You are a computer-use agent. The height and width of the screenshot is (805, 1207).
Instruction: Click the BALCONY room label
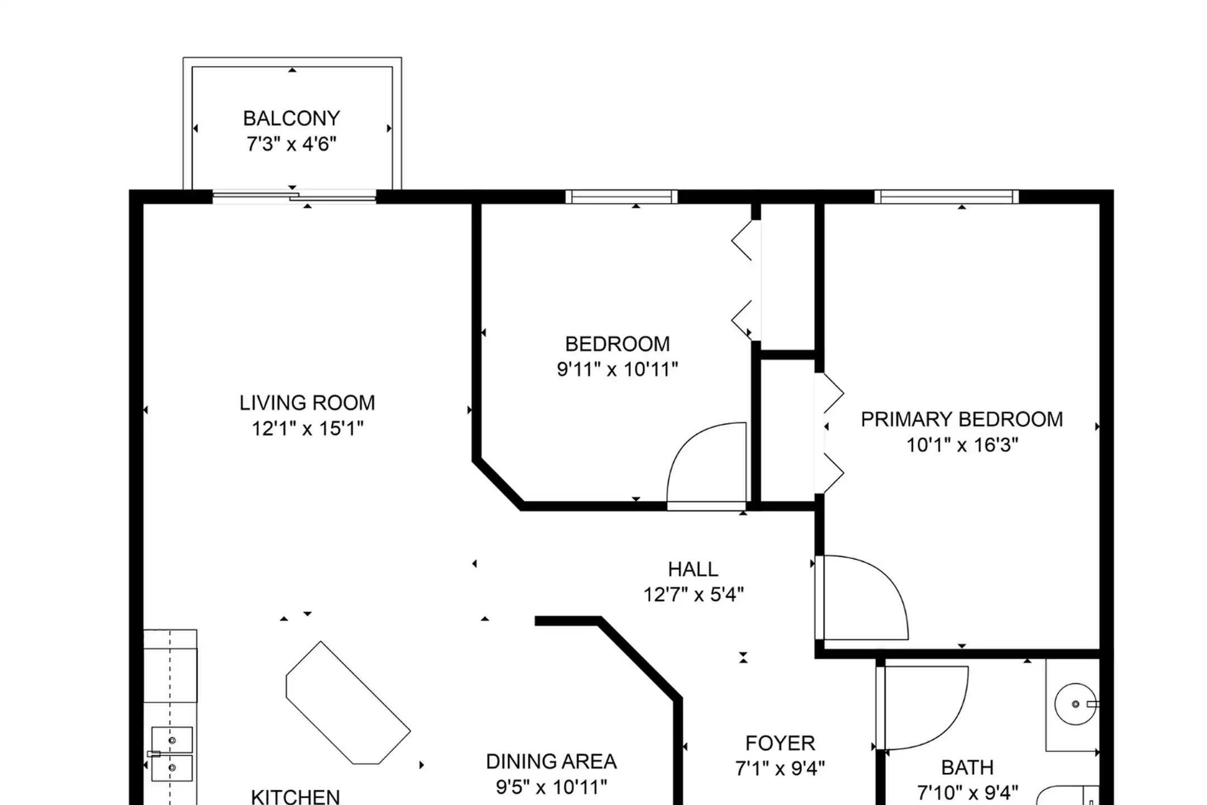(x=291, y=119)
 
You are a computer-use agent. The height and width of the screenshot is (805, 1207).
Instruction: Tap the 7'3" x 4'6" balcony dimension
(x=291, y=144)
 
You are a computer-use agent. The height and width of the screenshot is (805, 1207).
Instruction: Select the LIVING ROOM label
(x=307, y=402)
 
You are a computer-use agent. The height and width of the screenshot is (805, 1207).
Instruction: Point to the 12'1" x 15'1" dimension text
(x=307, y=429)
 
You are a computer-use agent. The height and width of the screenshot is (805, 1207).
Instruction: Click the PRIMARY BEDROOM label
(x=962, y=419)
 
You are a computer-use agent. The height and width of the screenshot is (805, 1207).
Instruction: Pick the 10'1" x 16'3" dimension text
(x=962, y=445)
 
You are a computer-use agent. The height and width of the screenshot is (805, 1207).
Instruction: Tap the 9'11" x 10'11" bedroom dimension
(x=617, y=370)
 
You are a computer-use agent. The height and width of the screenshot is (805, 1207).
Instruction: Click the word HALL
(x=693, y=569)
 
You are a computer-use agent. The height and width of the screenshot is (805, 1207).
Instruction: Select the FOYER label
(x=780, y=743)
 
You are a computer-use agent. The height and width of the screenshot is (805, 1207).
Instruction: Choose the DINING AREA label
(x=552, y=761)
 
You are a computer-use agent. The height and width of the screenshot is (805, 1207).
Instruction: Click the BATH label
(x=967, y=768)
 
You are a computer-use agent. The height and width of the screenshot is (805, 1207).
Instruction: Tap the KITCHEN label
(x=295, y=797)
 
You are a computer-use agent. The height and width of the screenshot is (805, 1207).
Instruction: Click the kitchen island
(x=348, y=703)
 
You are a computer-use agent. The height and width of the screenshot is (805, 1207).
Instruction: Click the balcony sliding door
(x=294, y=196)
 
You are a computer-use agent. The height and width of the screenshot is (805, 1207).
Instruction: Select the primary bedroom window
(x=947, y=196)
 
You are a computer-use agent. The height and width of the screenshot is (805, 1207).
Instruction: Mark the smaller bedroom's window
(x=621, y=196)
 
